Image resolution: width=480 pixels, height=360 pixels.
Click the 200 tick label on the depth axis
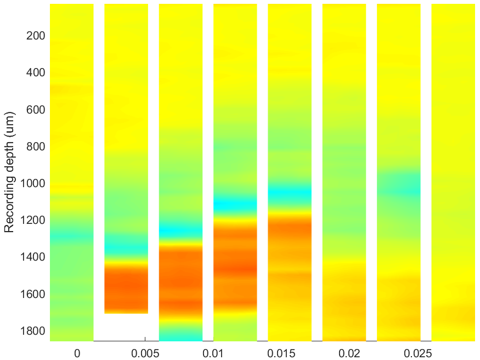click(x=36, y=36)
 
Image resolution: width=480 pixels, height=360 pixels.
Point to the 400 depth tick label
click(x=36, y=72)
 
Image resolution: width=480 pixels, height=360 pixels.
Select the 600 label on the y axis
click(x=36, y=110)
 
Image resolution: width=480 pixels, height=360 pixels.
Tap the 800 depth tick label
click(x=36, y=147)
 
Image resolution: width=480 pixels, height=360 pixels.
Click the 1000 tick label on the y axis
click(x=32, y=183)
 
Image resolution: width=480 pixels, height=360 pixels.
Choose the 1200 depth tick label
click(x=32, y=220)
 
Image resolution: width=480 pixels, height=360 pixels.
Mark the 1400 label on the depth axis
click(x=32, y=257)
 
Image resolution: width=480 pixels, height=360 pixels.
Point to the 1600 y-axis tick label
click(x=32, y=294)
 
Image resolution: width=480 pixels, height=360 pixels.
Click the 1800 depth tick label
click(x=32, y=331)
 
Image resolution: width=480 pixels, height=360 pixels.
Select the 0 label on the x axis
click(x=77, y=353)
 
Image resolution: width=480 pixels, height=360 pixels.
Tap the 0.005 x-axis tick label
click(x=145, y=353)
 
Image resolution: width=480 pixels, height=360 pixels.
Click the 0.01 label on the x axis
click(x=213, y=353)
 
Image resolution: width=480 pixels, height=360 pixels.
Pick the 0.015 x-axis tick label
click(x=281, y=353)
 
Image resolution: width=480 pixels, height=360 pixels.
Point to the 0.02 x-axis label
click(x=349, y=353)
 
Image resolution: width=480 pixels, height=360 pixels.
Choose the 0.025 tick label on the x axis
click(x=417, y=353)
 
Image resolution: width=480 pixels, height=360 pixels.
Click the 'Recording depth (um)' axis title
click(x=9, y=172)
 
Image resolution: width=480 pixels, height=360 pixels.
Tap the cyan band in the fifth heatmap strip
click(x=290, y=194)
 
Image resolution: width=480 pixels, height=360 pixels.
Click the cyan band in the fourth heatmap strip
click(x=235, y=205)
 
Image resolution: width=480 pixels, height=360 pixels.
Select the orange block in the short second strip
click(x=126, y=288)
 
